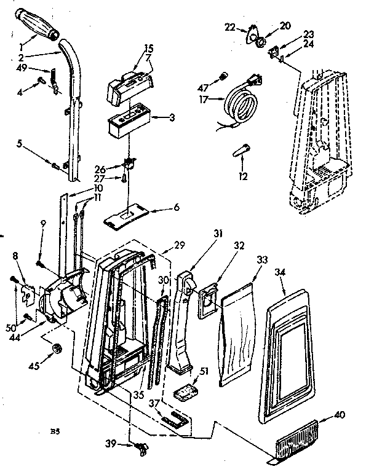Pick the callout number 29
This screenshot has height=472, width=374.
[x=179, y=245]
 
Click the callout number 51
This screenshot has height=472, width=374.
[x=204, y=370]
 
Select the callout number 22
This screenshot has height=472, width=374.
[x=229, y=27]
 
